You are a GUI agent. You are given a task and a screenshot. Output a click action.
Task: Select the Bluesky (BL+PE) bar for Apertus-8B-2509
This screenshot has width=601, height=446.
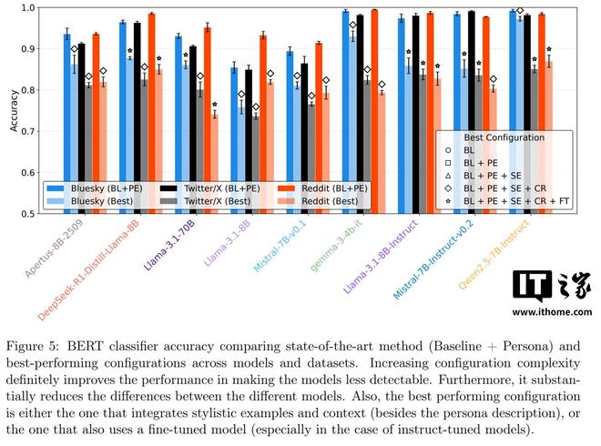(x=66, y=124)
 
